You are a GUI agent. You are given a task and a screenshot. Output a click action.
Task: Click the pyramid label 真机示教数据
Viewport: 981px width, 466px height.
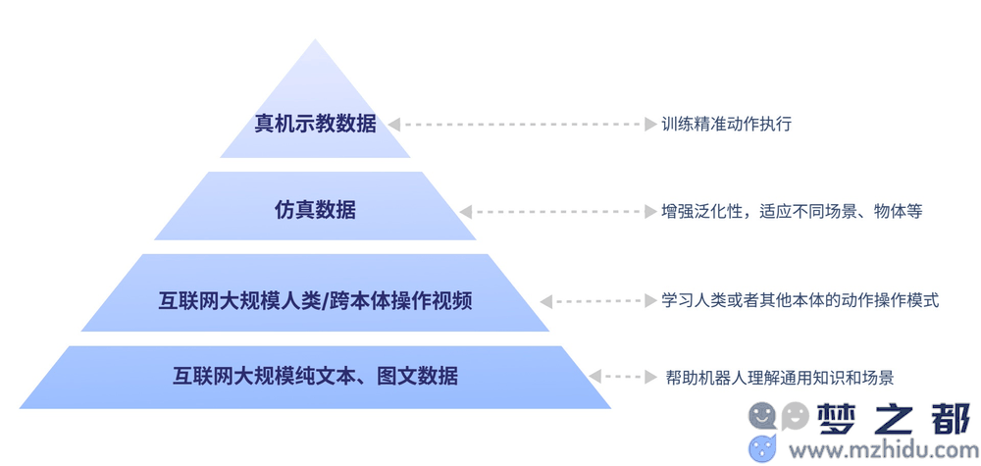point(315,124)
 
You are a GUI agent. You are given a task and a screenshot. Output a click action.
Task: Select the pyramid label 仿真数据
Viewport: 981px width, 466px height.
point(315,210)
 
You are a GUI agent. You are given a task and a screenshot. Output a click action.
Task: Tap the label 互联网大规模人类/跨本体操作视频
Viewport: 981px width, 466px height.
point(315,301)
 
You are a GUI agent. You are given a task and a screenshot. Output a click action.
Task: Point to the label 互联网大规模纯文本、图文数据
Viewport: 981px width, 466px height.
point(315,376)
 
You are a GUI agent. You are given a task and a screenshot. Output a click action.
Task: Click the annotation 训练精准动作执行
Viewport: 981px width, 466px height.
point(726,124)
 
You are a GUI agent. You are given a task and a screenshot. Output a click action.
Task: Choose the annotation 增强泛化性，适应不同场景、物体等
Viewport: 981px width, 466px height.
point(792,211)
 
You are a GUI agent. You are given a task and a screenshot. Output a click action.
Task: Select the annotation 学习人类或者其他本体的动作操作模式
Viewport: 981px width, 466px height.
point(800,301)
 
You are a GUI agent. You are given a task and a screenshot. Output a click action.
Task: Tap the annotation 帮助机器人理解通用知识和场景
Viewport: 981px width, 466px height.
point(780,377)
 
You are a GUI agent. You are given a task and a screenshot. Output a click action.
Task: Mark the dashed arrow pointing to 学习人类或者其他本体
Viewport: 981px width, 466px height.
point(598,301)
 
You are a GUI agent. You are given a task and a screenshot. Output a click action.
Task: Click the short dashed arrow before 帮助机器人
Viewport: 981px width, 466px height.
point(623,377)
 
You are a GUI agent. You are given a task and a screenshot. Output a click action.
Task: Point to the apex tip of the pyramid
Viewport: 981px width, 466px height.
point(315,39)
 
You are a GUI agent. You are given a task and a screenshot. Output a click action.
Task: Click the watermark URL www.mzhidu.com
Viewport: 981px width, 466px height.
point(880,449)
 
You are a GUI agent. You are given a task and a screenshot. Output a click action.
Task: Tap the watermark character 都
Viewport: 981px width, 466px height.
point(951,417)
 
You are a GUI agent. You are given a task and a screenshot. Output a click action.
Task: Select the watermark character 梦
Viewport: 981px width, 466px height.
point(837,417)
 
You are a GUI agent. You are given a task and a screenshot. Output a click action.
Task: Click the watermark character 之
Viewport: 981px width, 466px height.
point(895,417)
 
